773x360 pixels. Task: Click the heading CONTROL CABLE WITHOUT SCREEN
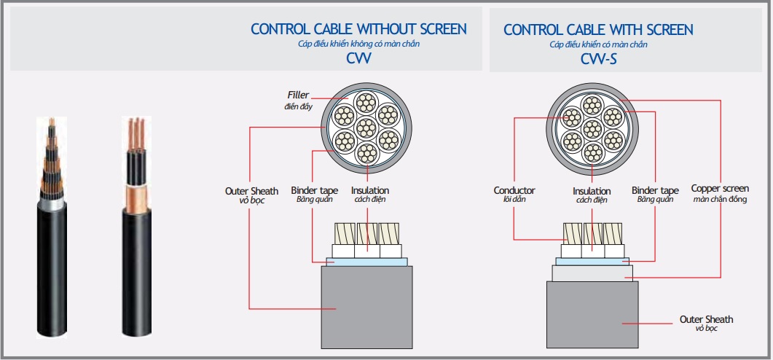(358, 29)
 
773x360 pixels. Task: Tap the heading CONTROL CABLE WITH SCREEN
(598, 30)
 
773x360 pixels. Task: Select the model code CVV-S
(598, 59)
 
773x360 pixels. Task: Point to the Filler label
(298, 95)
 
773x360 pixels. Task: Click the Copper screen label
(720, 189)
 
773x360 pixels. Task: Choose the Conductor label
(514, 190)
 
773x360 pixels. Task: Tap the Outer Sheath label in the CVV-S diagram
(706, 320)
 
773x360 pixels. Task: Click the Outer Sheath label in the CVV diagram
(251, 191)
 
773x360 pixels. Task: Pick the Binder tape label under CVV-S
(655, 190)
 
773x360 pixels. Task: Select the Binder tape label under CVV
(315, 190)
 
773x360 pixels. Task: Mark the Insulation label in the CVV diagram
(369, 190)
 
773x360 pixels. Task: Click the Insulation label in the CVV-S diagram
(592, 191)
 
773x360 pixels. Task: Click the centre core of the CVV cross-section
(366, 128)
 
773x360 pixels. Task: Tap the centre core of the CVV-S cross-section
(592, 129)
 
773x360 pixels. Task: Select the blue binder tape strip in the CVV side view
(366, 262)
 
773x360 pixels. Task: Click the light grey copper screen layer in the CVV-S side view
(592, 273)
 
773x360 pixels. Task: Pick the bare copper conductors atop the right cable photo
(136, 134)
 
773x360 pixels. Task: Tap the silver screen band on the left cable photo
(52, 204)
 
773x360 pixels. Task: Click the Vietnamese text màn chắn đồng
(720, 199)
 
